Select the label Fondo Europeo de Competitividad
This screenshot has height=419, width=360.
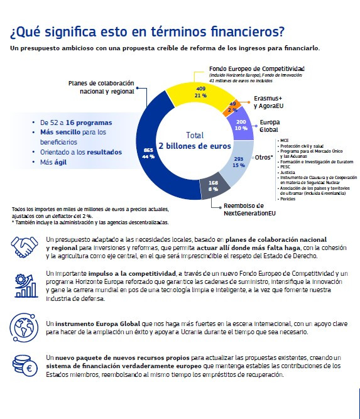[256, 68]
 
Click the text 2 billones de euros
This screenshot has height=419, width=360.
[195, 146]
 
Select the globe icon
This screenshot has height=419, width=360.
[25, 327]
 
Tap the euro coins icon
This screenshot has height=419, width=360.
[25, 365]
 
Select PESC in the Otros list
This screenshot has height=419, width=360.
[286, 166]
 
